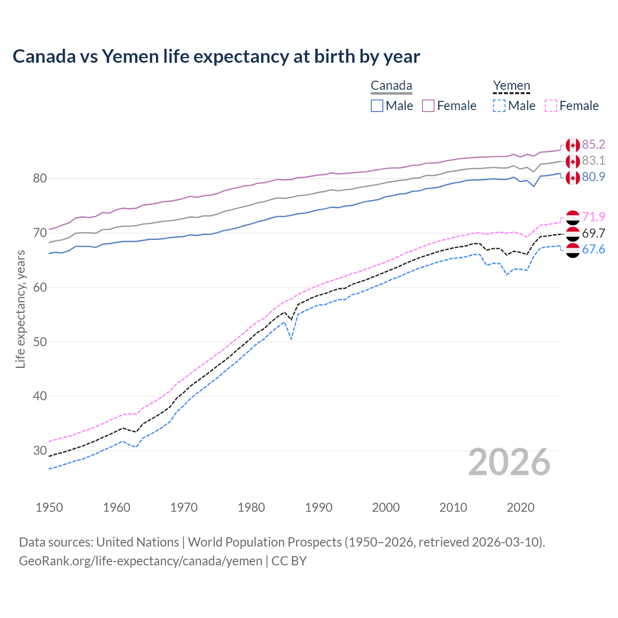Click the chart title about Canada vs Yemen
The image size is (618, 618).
(216, 56)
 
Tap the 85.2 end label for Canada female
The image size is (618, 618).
(593, 144)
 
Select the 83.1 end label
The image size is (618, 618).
(593, 160)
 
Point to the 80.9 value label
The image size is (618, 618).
(593, 177)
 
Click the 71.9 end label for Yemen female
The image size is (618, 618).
(593, 217)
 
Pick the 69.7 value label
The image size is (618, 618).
(593, 233)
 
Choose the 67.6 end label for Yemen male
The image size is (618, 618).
(593, 249)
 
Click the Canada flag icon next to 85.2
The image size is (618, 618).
(573, 145)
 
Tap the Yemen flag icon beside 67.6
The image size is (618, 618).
(573, 250)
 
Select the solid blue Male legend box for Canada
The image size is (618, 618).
(377, 106)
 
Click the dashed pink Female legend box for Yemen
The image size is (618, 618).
(551, 106)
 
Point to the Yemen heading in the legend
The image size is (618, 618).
(511, 85)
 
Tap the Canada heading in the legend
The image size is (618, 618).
(391, 85)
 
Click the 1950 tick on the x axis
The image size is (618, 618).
(49, 507)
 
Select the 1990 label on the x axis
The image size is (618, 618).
(319, 507)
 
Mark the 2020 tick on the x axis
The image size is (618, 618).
(520, 507)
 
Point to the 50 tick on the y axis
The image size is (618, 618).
(40, 342)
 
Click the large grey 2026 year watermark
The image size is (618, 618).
(509, 463)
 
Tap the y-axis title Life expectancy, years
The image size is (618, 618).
(20, 309)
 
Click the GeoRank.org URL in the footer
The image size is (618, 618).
(140, 561)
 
